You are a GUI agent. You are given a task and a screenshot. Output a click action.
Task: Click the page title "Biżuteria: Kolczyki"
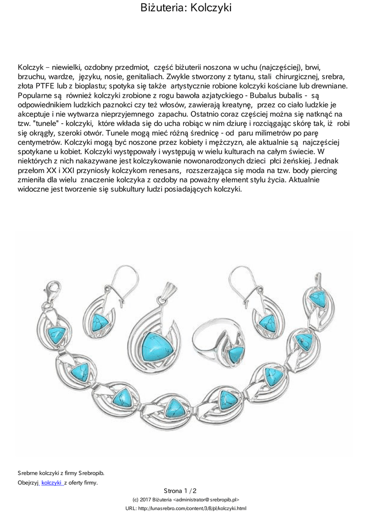tap(186, 8)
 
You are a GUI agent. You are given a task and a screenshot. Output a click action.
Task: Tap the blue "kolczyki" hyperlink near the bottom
tap(51, 482)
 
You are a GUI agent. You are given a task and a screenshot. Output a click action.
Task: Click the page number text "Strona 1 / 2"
tap(180, 491)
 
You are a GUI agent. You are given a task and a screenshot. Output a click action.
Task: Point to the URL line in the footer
tap(186, 508)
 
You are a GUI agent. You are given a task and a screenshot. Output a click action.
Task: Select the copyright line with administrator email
tap(186, 499)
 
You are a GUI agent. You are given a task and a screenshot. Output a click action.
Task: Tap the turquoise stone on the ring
tap(236, 353)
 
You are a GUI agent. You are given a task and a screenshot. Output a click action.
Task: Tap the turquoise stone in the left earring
tap(100, 323)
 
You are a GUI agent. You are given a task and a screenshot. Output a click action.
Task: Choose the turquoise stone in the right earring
tap(267, 323)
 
